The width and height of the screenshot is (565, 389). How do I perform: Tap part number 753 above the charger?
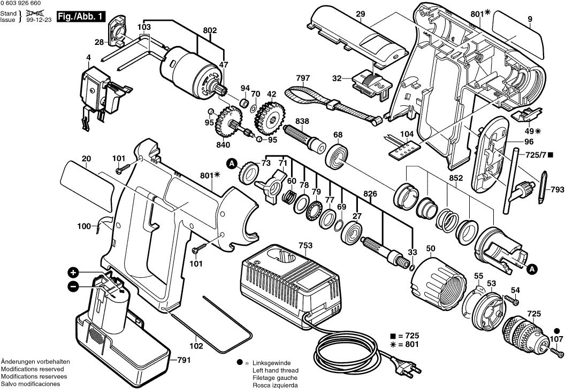tap(305, 245)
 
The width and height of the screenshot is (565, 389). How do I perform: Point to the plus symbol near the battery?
tap(73, 272)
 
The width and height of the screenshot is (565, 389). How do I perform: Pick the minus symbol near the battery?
tap(73, 286)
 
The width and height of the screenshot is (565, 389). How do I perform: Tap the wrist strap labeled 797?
tap(332, 104)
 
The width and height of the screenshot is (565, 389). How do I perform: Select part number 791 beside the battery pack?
tap(184, 360)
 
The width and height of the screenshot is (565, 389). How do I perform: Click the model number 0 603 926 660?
tap(21, 3)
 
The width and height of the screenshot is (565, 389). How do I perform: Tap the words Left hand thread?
tap(276, 370)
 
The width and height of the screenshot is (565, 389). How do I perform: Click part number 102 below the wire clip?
tap(196, 346)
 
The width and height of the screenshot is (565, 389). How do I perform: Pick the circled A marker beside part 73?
tap(232, 164)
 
